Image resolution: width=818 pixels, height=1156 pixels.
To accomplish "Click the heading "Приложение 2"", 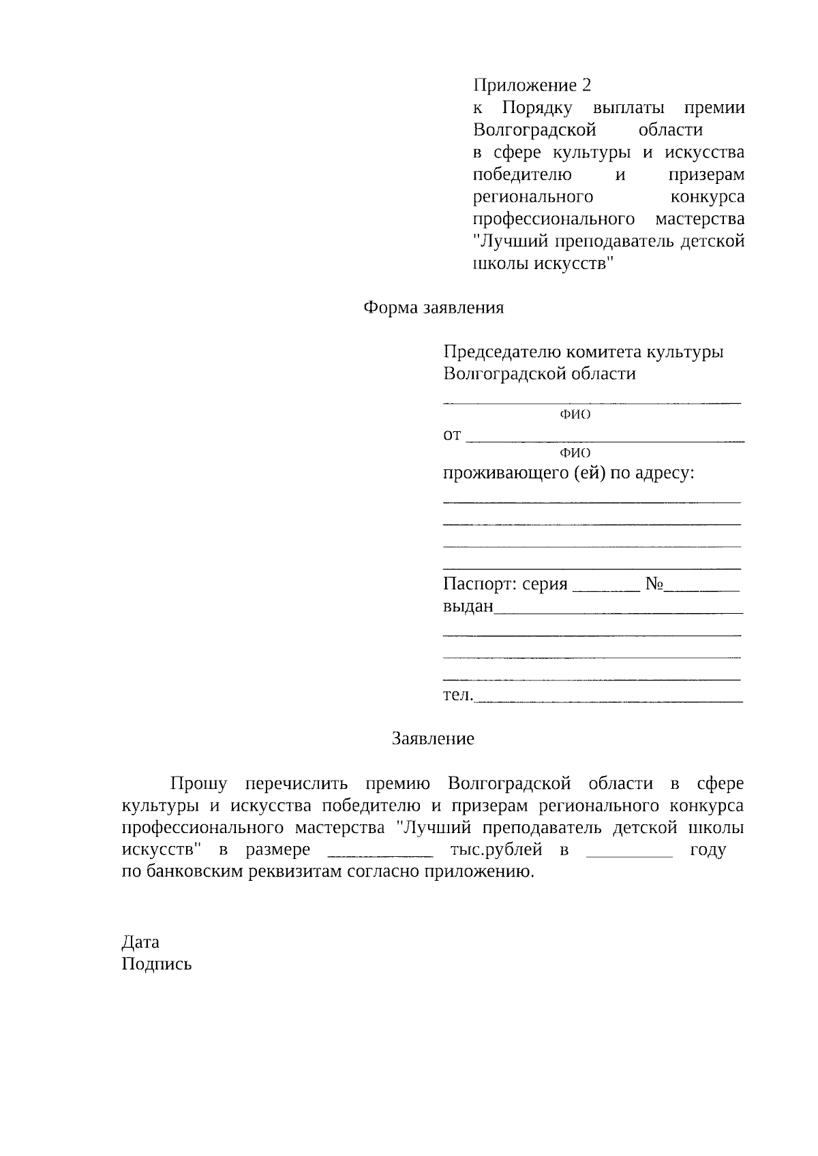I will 532,85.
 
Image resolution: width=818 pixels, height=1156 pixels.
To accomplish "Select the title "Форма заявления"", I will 434,308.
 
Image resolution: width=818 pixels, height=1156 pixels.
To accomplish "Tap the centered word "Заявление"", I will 433,739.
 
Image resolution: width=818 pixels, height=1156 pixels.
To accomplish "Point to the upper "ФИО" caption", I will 575,415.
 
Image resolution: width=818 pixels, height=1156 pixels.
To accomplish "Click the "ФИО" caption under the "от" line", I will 575,453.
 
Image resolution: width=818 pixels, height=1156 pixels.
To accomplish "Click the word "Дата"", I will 140,942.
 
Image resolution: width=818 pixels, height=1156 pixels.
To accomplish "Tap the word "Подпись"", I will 157,965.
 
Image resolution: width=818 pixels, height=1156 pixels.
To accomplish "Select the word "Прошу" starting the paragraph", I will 198,784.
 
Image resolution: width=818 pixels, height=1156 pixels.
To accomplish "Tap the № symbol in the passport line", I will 654,584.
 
